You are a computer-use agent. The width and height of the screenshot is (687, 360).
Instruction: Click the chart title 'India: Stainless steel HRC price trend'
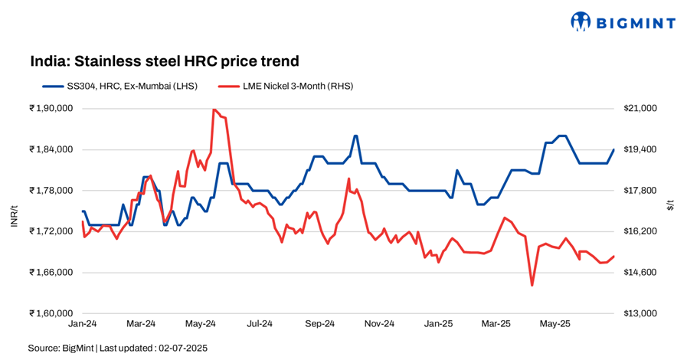click(164, 61)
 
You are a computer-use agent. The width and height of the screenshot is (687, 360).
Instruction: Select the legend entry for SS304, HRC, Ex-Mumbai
click(121, 86)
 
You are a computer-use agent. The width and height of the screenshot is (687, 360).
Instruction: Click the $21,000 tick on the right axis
click(641, 109)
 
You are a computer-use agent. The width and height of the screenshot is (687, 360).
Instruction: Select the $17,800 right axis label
click(641, 191)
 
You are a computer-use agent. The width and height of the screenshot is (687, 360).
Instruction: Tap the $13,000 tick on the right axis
click(641, 313)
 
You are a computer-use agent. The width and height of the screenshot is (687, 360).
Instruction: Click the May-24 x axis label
click(200, 325)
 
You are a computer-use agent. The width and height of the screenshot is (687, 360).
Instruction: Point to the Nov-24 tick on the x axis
click(378, 325)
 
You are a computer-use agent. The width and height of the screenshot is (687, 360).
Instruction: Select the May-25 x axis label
click(555, 325)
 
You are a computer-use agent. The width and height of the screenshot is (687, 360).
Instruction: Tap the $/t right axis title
click(672, 205)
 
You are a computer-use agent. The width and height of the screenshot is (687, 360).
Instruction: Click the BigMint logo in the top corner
click(623, 22)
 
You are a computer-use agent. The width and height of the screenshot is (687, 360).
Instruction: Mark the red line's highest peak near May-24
click(213, 110)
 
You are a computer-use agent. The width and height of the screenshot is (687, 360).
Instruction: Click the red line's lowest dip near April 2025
click(532, 286)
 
